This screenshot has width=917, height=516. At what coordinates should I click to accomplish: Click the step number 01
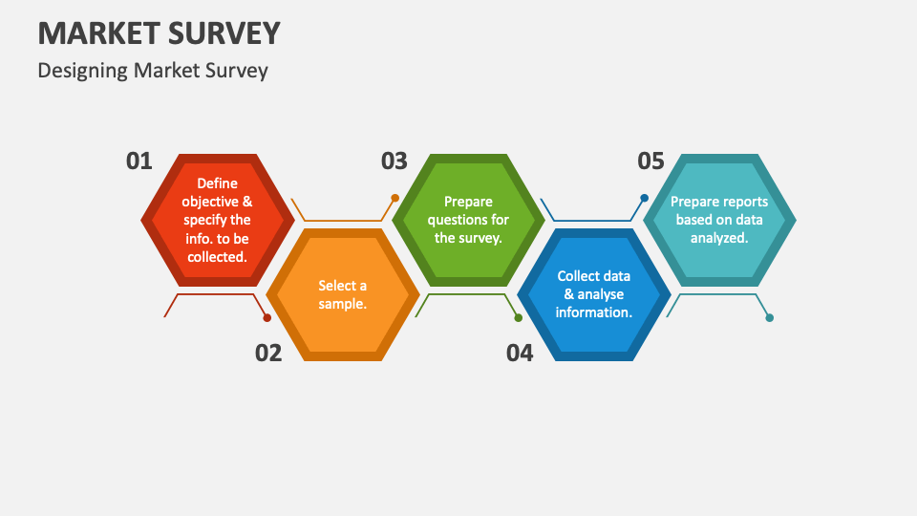point(139,161)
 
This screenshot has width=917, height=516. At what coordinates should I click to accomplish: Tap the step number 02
point(268,353)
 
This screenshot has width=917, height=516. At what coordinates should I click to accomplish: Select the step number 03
point(395,161)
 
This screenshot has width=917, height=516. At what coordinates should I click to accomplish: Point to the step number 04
point(520,353)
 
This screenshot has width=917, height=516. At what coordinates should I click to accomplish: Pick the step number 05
point(650,161)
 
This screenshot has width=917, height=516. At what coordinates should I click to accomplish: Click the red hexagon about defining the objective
point(218,220)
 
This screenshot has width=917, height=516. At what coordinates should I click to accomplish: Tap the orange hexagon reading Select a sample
point(343,294)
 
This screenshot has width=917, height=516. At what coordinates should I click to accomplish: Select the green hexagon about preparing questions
point(468,220)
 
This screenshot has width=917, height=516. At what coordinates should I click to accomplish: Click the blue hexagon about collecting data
point(594,294)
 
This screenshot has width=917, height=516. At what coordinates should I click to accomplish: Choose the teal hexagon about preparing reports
point(719,220)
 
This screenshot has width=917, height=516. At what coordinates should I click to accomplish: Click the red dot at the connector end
point(267,317)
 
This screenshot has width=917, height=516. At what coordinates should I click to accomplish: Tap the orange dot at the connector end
point(395,198)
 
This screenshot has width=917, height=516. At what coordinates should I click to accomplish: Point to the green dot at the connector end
point(518,317)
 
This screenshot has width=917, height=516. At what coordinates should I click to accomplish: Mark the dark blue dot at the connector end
point(645,198)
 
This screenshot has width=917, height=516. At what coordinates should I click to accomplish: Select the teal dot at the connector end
point(770,317)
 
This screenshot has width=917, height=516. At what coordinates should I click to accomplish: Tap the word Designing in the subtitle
point(82,71)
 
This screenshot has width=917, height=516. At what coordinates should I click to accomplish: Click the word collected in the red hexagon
point(217,257)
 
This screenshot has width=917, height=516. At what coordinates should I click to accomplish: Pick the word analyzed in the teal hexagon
point(719,238)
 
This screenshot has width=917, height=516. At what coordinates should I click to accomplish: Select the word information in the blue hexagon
point(593,312)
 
